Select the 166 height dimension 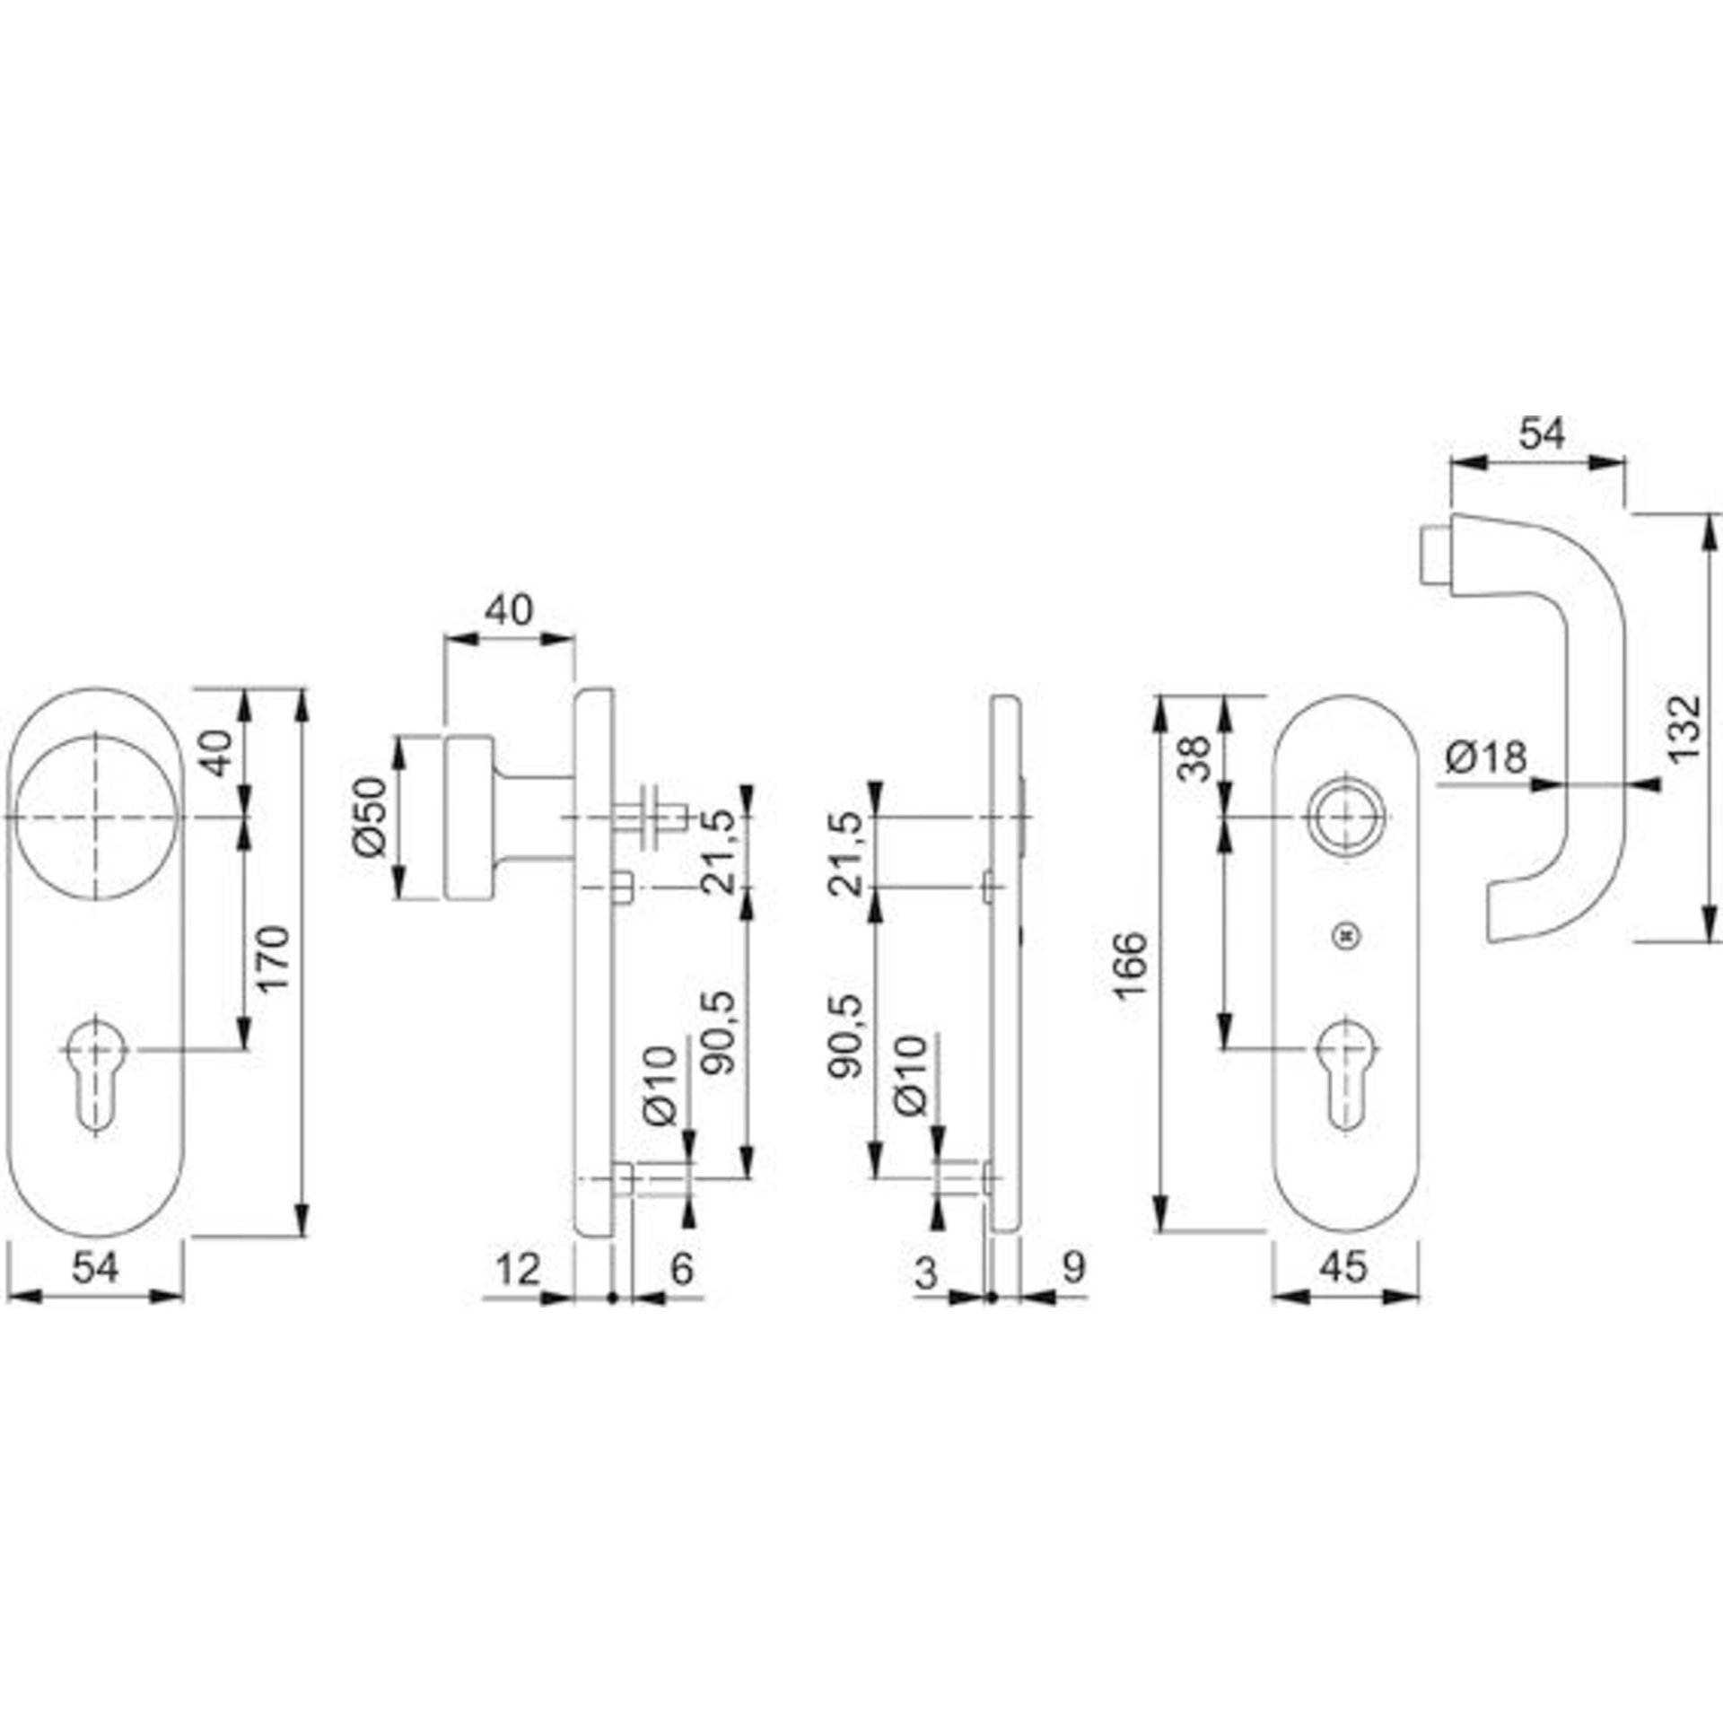click(x=1133, y=965)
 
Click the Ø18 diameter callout click(x=1486, y=757)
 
